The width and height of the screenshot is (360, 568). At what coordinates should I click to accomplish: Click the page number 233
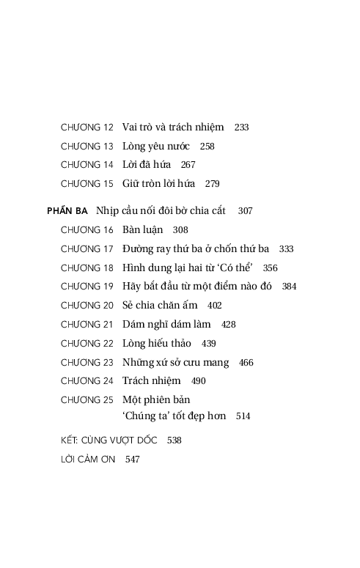click(241, 127)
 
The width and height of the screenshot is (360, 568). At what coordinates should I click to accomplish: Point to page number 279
click(212, 184)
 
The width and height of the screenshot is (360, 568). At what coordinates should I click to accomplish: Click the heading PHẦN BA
click(67, 210)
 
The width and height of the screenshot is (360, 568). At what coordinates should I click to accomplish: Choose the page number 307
click(245, 210)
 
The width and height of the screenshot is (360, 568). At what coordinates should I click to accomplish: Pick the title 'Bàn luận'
click(142, 229)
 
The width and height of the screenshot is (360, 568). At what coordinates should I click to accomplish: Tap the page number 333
click(286, 248)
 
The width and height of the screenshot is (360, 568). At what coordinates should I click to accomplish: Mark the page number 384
click(289, 287)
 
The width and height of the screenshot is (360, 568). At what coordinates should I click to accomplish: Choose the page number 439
click(208, 343)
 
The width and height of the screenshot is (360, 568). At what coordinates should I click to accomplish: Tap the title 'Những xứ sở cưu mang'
click(175, 362)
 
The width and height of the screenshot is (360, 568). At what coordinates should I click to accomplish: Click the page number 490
click(198, 381)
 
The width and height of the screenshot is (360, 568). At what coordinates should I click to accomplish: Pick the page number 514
click(243, 416)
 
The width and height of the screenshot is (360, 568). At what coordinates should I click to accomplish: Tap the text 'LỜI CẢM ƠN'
click(88, 460)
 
